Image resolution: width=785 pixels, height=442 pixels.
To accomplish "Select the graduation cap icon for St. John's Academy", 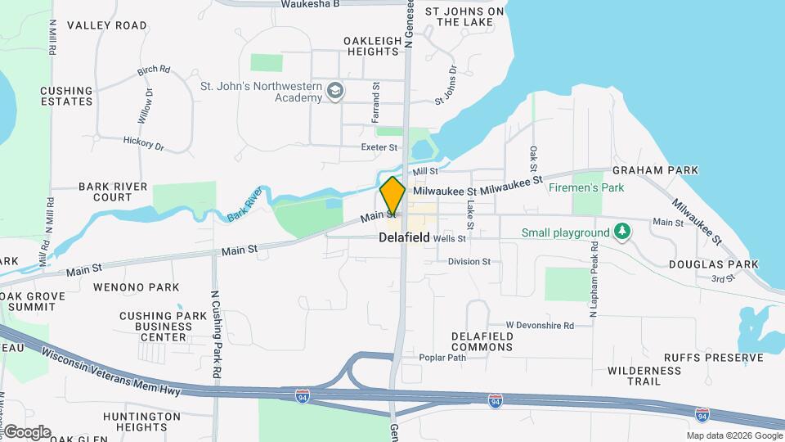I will coord(334,90).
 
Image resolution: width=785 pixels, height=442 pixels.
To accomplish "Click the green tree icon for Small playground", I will coord(623,232).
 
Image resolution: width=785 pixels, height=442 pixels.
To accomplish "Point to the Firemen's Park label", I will coord(585,187).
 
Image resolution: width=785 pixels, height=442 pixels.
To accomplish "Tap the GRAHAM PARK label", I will coord(655,170).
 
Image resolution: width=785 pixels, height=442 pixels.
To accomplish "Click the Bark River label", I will coord(244,204).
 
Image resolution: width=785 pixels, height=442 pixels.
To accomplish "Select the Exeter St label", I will coord(379,147).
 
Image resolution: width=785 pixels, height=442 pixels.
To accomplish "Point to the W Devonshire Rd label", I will coord(539,325).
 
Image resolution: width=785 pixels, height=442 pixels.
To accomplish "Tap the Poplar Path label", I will coord(442,358).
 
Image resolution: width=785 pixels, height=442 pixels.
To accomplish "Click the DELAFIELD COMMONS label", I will coord(482,341).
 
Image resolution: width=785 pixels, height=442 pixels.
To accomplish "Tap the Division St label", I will coord(469,262).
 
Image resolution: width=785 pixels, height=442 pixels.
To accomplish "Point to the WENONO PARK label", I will coord(136,287).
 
